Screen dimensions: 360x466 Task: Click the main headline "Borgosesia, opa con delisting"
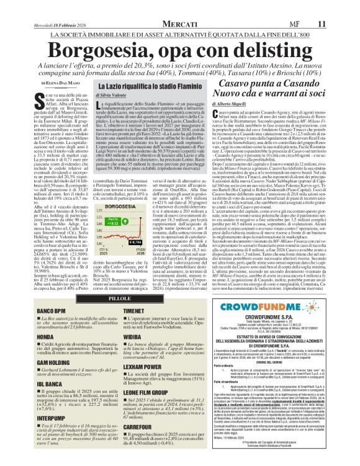tap(179, 47)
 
